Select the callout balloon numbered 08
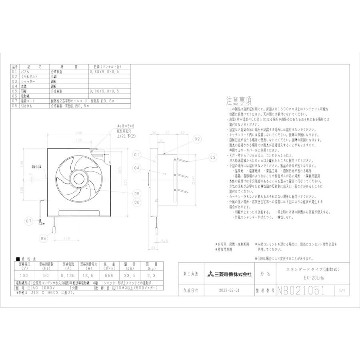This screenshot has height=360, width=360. [x=43, y=238]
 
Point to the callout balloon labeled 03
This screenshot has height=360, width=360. [x=212, y=158]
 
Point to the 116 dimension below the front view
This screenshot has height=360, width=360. [x=66, y=238]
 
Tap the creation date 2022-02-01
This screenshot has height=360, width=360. [x=230, y=291]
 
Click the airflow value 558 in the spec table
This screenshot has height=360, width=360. [x=108, y=276]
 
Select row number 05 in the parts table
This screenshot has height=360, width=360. [x=15, y=91]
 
